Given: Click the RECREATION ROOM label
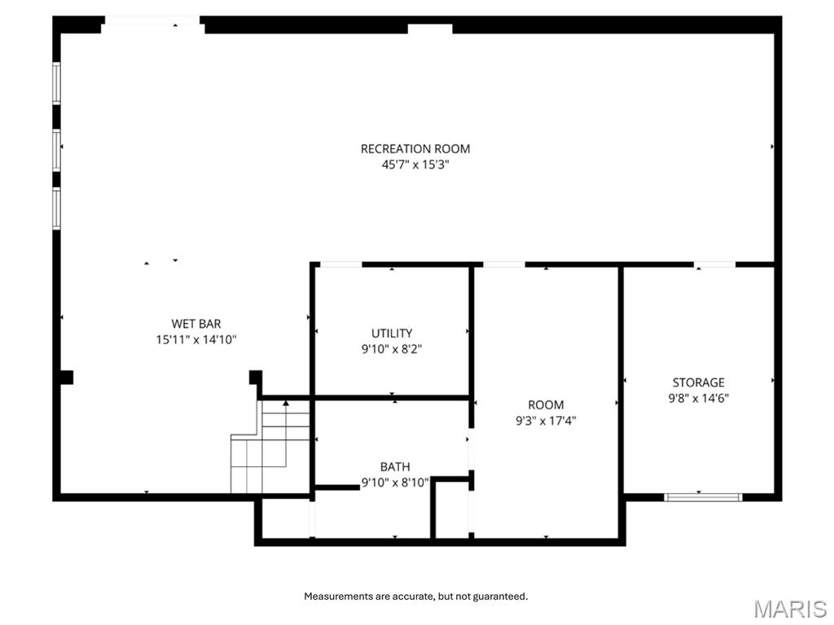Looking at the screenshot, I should [415, 149].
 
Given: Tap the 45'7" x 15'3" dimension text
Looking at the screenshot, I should [415, 164].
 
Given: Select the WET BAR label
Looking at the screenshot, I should [195, 324].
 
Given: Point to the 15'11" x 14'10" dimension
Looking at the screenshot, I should [195, 339].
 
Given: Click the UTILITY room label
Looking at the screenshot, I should [392, 333].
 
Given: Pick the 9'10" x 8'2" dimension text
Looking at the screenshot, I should [392, 348].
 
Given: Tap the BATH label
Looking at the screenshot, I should [395, 467].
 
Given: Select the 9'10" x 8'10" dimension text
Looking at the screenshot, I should [395, 483].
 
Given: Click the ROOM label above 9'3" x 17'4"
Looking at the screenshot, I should [546, 405].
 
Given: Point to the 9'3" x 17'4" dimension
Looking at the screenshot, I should [546, 421].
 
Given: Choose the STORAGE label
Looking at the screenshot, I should [698, 382].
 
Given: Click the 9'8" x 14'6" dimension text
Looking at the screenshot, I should [698, 398].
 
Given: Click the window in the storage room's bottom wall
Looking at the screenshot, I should [703, 496].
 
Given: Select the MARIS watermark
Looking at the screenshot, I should [789, 609].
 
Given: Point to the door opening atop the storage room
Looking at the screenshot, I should [714, 264].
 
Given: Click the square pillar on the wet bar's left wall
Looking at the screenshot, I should [66, 377].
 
